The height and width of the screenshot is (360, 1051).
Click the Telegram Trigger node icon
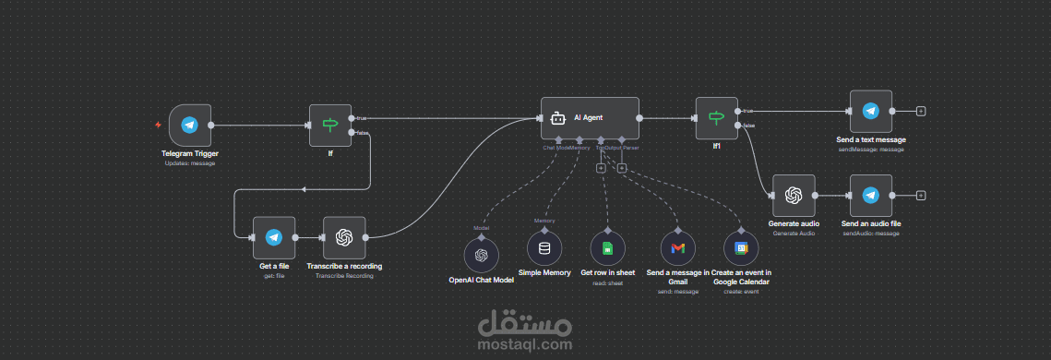[189, 126]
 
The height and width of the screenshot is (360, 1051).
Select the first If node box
[330, 125]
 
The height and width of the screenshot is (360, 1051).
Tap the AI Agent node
[590, 118]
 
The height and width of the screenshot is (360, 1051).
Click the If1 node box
[716, 117]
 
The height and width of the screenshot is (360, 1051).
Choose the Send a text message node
[870, 112]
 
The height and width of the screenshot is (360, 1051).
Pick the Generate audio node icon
[794, 196]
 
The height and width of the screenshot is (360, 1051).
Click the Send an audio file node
[870, 196]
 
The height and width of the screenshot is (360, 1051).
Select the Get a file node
[273, 238]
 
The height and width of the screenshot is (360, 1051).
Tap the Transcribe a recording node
[344, 238]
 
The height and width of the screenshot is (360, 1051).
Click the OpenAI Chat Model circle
[481, 254]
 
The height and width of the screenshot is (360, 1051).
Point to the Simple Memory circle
[544, 248]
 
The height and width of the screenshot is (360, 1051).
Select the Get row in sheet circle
[607, 248]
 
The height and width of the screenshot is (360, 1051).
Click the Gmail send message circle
[678, 248]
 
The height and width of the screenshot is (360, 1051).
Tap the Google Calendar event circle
[740, 248]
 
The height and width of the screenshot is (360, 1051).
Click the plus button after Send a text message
[921, 112]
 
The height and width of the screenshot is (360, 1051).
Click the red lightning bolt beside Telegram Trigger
[158, 125]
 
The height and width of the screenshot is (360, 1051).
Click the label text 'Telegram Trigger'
[190, 153]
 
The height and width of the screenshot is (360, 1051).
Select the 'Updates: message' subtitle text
[190, 162]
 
